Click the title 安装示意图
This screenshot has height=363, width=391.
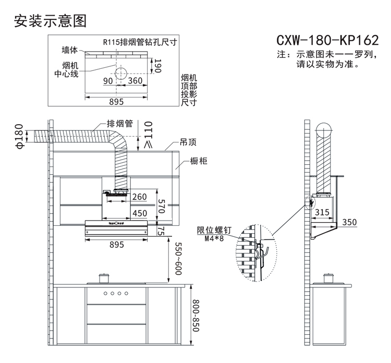[x=50, y=21]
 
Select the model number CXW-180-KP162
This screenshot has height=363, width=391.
[x=326, y=40]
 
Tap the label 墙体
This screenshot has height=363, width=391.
[x=69, y=50]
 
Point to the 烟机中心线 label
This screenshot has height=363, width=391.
[x=66, y=69]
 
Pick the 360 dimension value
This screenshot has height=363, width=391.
[x=136, y=81]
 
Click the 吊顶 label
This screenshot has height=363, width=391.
[x=188, y=142]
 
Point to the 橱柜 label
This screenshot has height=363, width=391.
[x=199, y=161]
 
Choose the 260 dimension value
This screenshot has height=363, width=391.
[x=139, y=197]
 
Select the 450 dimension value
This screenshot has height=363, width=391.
[x=139, y=213]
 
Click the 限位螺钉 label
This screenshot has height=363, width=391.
[x=207, y=231]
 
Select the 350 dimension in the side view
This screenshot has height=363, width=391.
[x=349, y=222]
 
